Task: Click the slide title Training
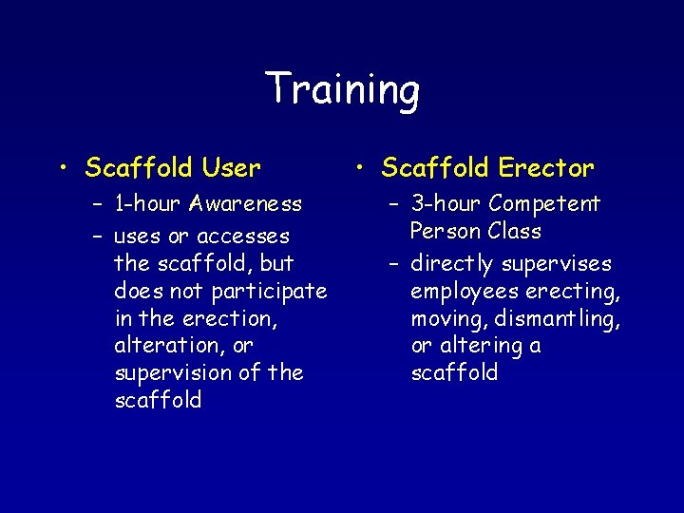342,90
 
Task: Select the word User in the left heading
231,168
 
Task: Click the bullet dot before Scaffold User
63,170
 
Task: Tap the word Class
514,232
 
